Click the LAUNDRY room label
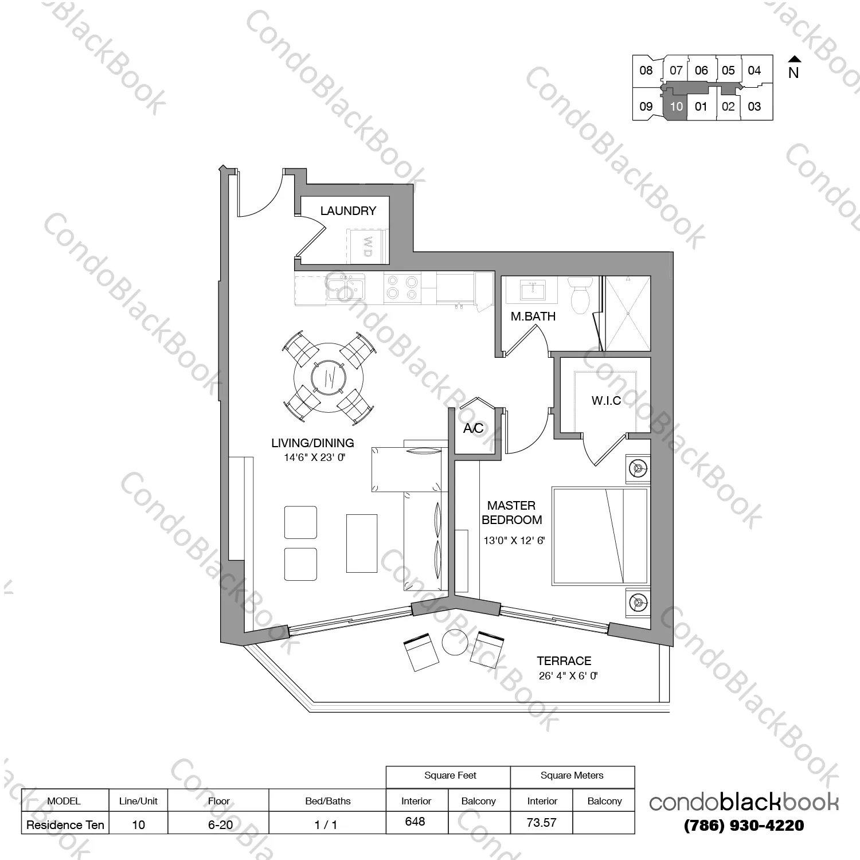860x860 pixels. tap(348, 211)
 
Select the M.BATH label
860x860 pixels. tap(533, 316)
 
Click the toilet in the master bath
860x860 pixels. tap(581, 295)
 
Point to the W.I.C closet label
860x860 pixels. tap(606, 401)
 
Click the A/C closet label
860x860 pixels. tap(473, 428)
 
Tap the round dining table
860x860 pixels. tap(329, 377)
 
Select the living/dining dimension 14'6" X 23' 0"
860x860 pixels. tap(314, 458)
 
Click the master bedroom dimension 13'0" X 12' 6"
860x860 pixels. tap(514, 540)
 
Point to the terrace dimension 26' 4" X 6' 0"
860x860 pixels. tap(568, 676)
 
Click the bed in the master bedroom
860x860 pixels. tap(600, 536)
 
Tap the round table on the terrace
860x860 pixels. tap(455, 643)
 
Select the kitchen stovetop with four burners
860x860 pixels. tap(402, 287)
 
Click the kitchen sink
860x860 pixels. tap(345, 287)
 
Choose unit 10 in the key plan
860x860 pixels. tap(676, 107)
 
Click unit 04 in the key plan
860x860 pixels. tap(754, 71)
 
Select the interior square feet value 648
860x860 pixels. tap(415, 822)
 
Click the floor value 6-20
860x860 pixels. tap(220, 825)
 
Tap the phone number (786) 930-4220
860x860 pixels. tap(744, 826)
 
